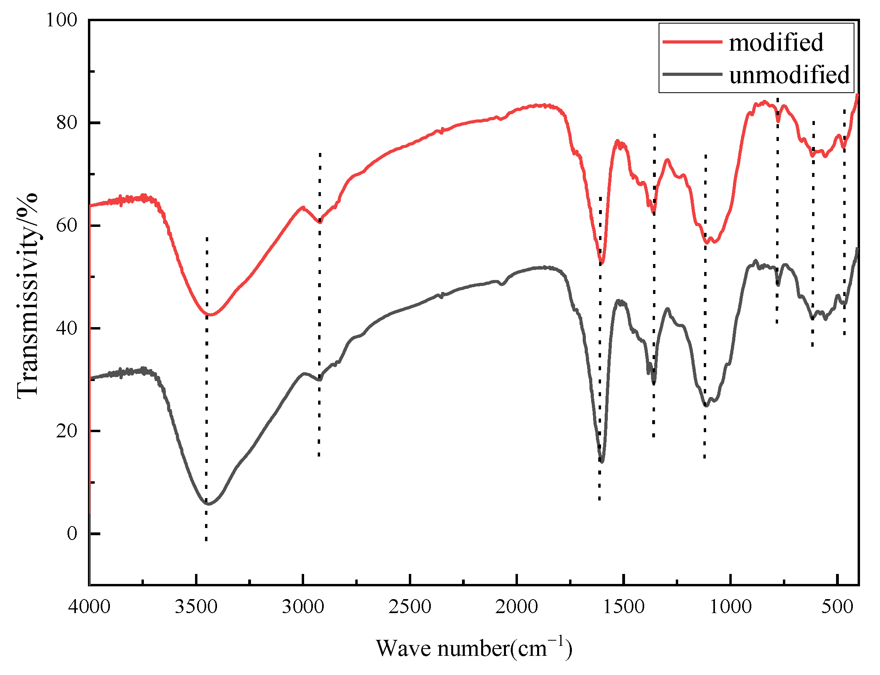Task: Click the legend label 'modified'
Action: click(x=775, y=42)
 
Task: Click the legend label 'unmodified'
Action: click(x=789, y=75)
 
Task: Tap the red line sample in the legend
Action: click(x=692, y=42)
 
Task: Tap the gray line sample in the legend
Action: click(x=692, y=74)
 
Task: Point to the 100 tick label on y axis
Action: click(x=62, y=20)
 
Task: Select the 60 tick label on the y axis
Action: click(x=66, y=225)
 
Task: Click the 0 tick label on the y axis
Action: click(x=72, y=534)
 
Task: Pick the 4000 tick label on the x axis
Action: click(x=89, y=607)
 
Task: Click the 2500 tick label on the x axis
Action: click(x=410, y=607)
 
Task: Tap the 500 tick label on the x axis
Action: click(x=837, y=607)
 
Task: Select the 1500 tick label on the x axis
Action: click(x=623, y=607)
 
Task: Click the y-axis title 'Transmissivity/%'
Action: click(x=27, y=296)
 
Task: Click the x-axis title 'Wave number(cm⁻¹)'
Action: click(x=474, y=648)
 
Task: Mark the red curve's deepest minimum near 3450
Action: click(x=209, y=315)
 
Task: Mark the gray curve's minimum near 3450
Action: click(x=208, y=504)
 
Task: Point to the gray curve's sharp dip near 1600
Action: click(x=602, y=462)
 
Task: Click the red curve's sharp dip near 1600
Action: click(x=601, y=263)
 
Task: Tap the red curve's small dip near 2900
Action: click(x=320, y=221)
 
